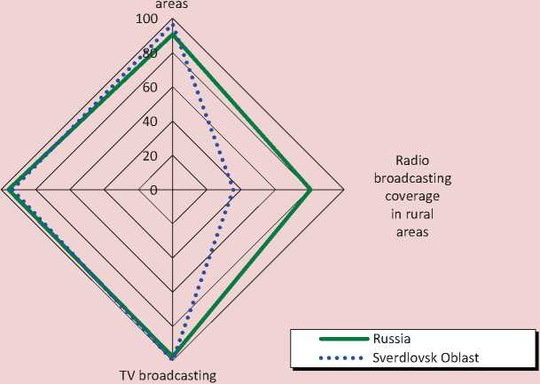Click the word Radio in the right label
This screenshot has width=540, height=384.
tap(411, 161)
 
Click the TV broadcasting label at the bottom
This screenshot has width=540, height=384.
tap(168, 375)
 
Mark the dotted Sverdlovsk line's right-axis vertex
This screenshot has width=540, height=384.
tap(235, 190)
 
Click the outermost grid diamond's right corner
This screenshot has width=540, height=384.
tap(343, 190)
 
